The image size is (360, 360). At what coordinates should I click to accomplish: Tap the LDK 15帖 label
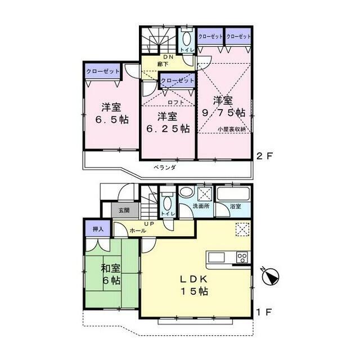(x=195, y=286)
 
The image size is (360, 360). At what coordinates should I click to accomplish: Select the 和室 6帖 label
(x=110, y=274)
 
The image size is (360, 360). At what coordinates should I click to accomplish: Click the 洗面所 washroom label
(x=201, y=206)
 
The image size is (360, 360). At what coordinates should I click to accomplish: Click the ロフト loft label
(x=175, y=102)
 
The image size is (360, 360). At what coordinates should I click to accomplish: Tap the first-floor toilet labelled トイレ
(x=166, y=213)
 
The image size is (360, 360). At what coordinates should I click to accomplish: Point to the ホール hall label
(x=139, y=231)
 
